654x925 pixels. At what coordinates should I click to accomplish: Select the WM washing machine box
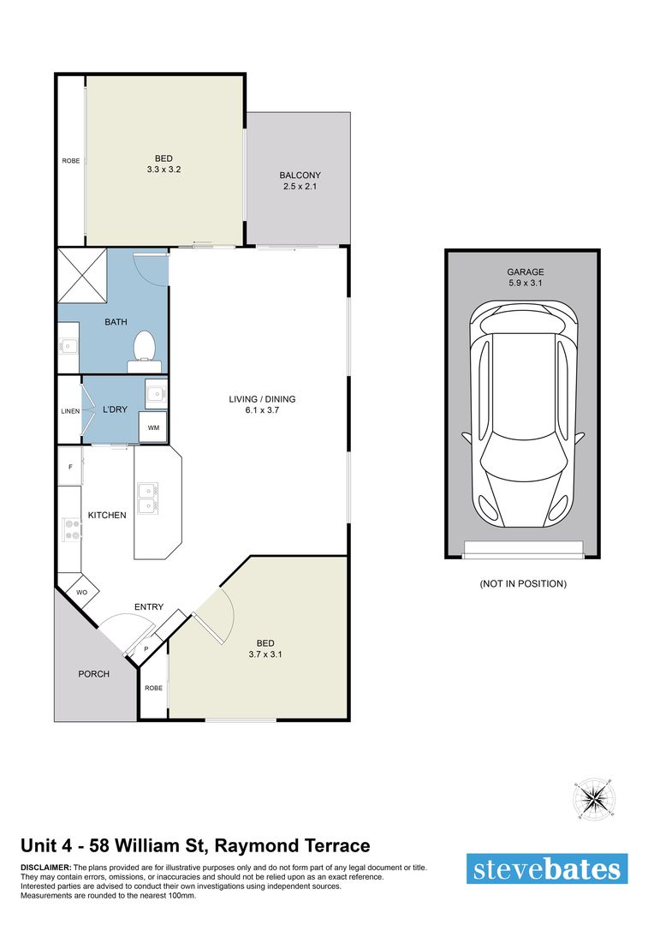[153, 427]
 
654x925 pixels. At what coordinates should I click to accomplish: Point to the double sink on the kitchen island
[147, 498]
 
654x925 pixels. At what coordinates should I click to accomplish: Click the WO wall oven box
[83, 592]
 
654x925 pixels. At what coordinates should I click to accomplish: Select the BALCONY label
[300, 176]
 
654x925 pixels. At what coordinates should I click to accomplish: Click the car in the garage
[522, 415]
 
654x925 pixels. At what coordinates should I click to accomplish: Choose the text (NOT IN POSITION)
[522, 584]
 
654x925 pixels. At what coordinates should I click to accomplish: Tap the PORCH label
[93, 674]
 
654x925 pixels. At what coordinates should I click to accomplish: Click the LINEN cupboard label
[69, 411]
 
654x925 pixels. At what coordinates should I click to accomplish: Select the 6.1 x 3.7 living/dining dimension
[262, 411]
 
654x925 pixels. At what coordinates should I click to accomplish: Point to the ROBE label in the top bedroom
[70, 160]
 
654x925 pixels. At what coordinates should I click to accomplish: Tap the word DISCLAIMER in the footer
[46, 868]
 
